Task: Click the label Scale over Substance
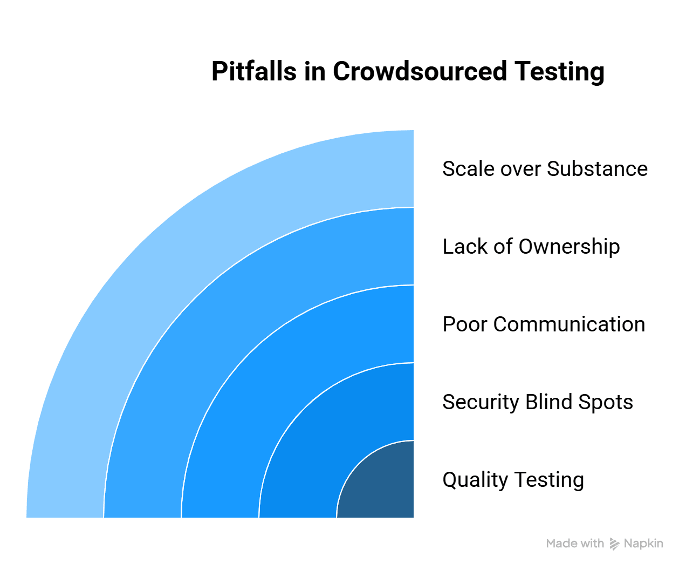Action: tap(545, 169)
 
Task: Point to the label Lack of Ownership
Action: tap(531, 247)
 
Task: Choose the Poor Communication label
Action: tap(544, 324)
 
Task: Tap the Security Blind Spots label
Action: tap(538, 402)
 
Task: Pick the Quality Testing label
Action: tap(513, 480)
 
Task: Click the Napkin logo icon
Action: tap(614, 544)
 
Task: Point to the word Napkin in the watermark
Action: tap(643, 544)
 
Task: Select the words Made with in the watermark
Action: tap(575, 544)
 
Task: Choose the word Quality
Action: tap(475, 480)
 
